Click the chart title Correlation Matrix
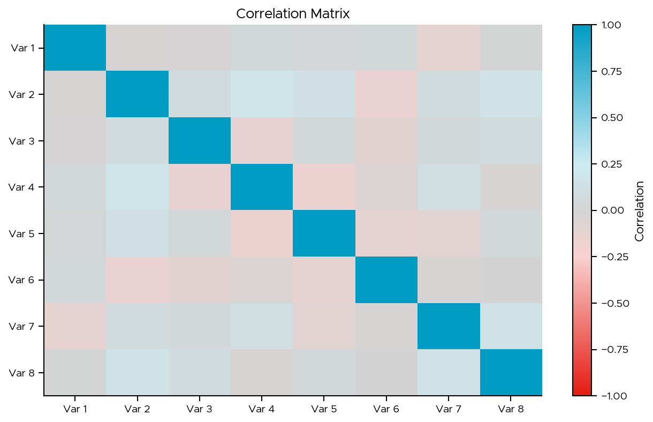coord(293,13)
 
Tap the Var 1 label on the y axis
coord(22,48)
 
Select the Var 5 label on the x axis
coord(324,410)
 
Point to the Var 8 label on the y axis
coord(22,373)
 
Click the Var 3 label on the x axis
coord(199,410)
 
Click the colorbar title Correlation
coord(639,210)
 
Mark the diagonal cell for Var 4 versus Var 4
coord(262,187)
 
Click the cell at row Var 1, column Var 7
coord(449,48)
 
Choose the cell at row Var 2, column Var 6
coord(386,94)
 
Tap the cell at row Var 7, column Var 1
coord(75,326)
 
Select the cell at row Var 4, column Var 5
coord(324,187)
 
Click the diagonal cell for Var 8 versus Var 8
coord(511,372)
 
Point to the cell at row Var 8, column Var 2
coord(137,372)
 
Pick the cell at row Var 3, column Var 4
coord(262,140)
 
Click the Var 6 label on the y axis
coord(22,280)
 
